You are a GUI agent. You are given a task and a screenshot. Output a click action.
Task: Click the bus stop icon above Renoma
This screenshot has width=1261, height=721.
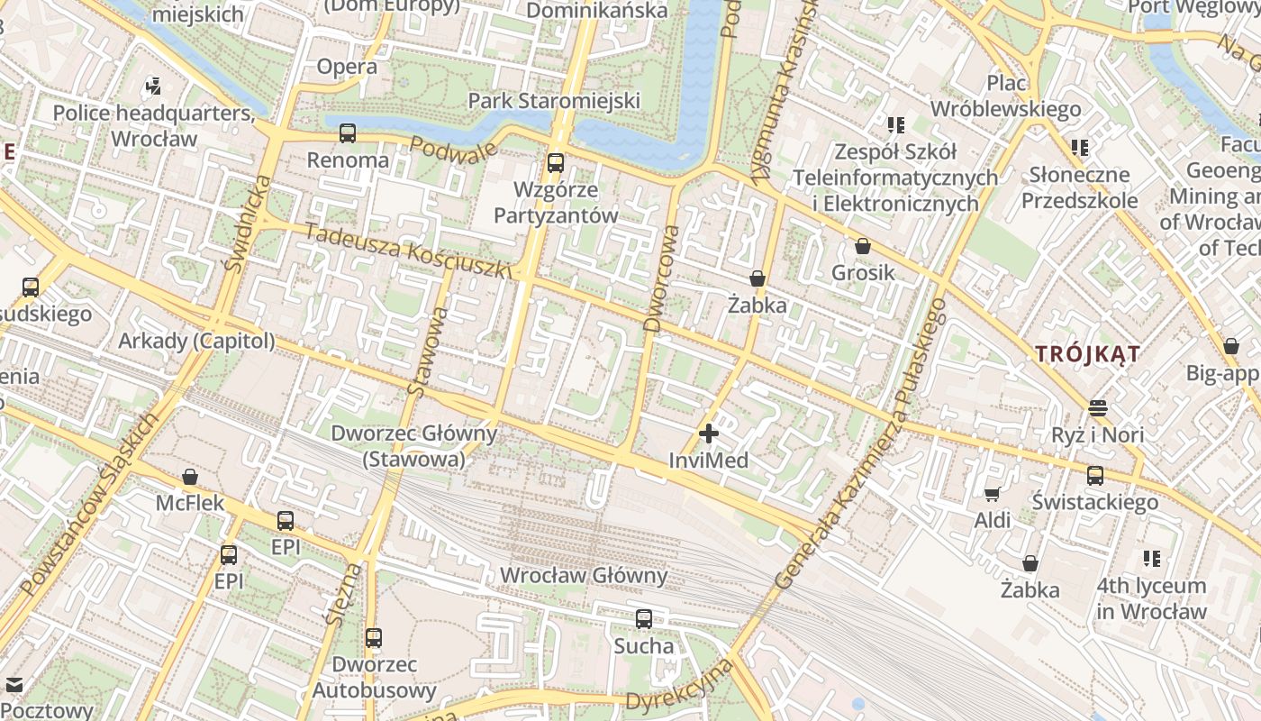348,133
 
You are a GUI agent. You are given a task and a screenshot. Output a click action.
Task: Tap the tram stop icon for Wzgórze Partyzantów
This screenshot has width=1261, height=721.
556,163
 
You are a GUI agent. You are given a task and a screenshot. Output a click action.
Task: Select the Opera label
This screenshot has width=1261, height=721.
347,67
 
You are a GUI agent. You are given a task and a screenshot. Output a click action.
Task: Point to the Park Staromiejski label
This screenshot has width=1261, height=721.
554,100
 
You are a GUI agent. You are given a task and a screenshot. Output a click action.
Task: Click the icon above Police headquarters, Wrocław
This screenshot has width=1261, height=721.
153,87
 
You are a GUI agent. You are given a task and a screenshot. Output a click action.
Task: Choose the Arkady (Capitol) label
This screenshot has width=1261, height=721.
196,341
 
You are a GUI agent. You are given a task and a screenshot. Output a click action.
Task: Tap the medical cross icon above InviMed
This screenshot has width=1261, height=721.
709,434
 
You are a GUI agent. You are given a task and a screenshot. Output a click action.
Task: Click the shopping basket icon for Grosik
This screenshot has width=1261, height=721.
863,245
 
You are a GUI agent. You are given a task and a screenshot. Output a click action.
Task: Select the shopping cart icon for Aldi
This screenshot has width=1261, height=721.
992,493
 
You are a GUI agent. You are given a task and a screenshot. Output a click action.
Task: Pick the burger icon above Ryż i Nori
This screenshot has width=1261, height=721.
1097,407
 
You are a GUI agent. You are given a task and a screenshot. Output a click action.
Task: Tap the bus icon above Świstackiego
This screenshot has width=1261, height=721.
1095,475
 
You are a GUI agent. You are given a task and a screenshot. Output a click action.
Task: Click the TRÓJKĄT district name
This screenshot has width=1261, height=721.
1087,354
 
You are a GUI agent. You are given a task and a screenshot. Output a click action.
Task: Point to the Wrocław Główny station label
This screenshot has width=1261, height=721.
584,575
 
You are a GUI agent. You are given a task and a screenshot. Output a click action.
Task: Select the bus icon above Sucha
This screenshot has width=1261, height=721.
644,619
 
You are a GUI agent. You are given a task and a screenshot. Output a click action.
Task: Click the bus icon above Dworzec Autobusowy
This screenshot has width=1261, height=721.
374,638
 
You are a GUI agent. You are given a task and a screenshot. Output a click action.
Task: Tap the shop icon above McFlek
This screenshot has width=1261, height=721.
190,476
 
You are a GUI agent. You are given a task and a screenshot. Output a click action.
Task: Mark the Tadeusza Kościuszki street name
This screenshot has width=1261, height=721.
408,251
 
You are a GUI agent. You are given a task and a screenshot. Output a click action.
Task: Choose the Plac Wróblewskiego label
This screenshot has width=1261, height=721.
1005,96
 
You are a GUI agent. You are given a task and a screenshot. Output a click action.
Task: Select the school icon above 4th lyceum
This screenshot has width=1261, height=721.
1151,559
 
